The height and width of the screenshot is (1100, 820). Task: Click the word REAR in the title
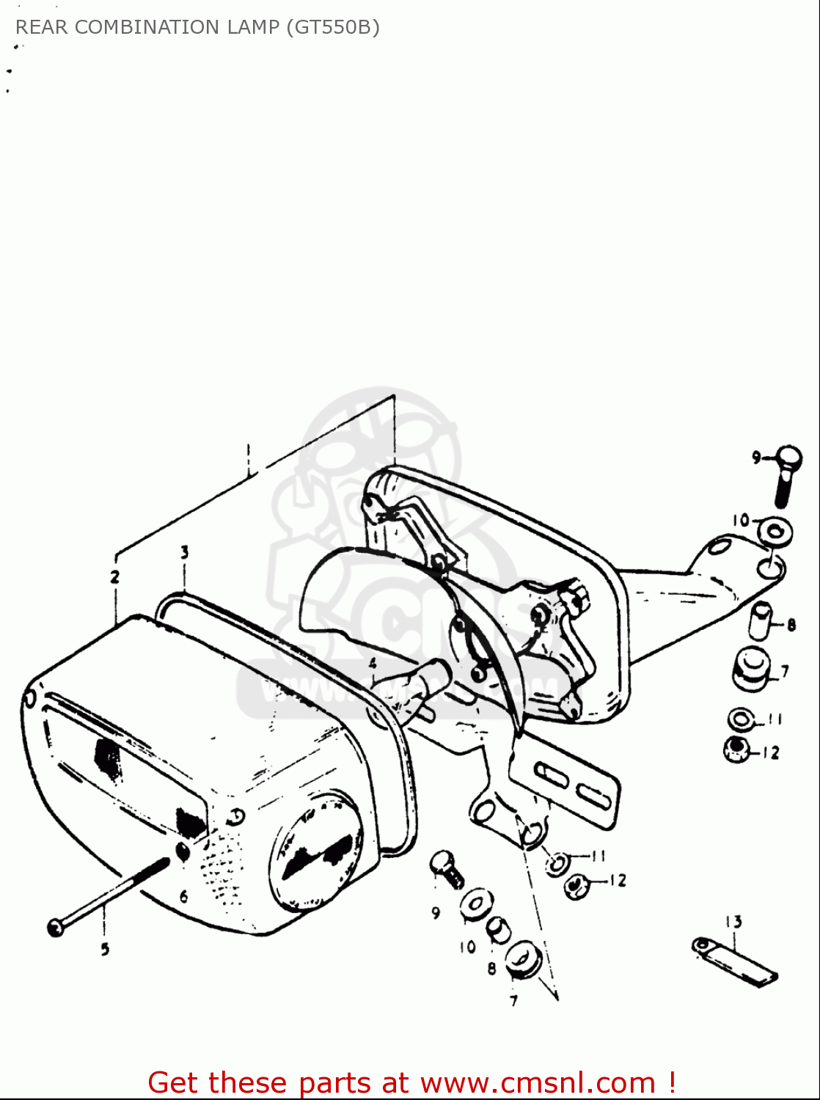click(x=42, y=27)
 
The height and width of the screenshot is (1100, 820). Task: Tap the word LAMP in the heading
click(x=252, y=27)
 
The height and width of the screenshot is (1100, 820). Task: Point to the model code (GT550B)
click(x=333, y=27)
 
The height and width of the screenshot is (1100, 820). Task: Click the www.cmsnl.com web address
click(x=538, y=1082)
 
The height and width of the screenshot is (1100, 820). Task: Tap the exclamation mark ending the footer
click(x=671, y=1082)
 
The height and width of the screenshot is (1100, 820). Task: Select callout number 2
click(x=114, y=576)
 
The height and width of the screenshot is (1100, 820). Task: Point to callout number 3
click(x=185, y=551)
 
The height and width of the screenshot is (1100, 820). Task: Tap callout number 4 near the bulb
click(x=373, y=664)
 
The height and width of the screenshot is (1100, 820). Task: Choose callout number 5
click(x=105, y=949)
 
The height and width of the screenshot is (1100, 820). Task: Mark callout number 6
click(x=183, y=896)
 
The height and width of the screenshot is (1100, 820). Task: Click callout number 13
click(x=733, y=921)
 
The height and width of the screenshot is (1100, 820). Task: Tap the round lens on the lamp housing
click(x=317, y=851)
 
